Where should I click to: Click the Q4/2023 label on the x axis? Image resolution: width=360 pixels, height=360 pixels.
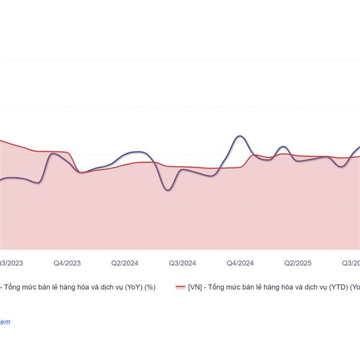pos(67,263)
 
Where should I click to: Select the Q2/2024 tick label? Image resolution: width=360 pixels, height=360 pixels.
pos(125,263)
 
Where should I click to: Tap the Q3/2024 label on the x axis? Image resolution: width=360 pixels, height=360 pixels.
pos(182,263)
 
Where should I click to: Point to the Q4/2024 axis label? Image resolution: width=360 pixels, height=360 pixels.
pos(240,263)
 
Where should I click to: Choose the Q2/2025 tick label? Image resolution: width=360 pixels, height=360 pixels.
pos(298,263)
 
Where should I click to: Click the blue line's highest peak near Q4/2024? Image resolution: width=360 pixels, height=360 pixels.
pos(239,136)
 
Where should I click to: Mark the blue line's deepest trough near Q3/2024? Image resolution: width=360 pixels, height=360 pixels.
pos(169,190)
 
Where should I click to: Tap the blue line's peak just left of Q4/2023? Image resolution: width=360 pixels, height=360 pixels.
pos(53,154)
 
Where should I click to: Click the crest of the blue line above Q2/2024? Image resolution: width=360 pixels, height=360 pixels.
pos(137,152)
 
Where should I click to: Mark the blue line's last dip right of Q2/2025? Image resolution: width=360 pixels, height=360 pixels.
pos(342,166)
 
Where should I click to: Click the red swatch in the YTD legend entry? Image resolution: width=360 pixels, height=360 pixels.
pos(180,287)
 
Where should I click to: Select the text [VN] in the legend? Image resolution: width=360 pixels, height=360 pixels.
pos(194,287)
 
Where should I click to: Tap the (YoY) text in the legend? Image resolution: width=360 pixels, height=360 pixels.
pos(134,287)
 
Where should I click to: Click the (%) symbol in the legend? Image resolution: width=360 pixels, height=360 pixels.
pos(150,287)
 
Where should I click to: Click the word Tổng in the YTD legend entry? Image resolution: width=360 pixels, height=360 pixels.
pos(215,287)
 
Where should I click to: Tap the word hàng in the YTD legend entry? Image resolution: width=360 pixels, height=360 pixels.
pos(269,287)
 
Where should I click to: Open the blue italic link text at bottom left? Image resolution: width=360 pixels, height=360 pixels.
pos(5,322)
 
